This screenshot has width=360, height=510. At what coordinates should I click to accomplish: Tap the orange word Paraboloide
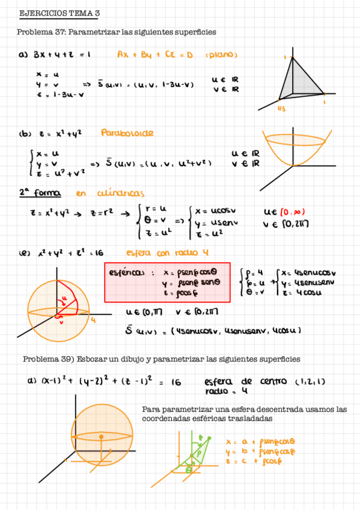(x=127, y=132)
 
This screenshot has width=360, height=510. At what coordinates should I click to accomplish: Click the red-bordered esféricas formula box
(x=167, y=281)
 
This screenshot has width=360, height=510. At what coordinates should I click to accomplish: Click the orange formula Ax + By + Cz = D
(x=155, y=55)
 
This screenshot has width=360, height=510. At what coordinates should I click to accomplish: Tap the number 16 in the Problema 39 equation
(x=175, y=382)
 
